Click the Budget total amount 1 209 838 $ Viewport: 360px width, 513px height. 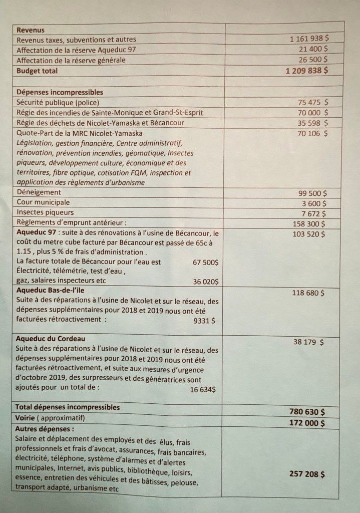coord(304,71)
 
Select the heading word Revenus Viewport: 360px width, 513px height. coord(30,30)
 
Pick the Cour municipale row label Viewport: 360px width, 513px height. coord(43,203)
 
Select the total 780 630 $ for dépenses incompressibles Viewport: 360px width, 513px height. coord(307,411)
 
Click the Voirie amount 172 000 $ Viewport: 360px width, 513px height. coord(307,423)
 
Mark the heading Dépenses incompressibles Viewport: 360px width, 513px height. coord(60,93)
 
